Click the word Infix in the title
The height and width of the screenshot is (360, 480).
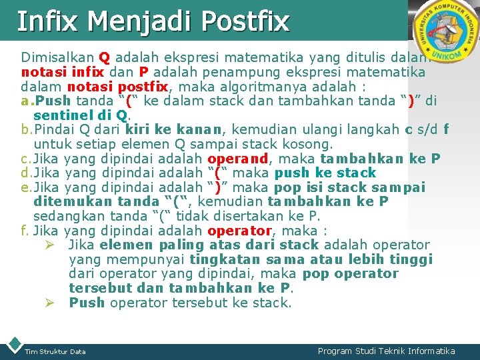[x=46, y=21]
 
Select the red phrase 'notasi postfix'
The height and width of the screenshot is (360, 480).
[x=116, y=87]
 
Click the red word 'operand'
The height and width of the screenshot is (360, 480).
[x=237, y=159]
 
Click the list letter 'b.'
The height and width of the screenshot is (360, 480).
[x=26, y=130]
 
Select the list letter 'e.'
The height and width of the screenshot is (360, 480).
[x=26, y=187]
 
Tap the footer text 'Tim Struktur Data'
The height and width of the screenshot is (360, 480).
[x=55, y=351]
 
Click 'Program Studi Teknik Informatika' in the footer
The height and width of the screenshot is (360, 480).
[x=386, y=351]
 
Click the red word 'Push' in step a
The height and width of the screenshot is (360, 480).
[x=54, y=101]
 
